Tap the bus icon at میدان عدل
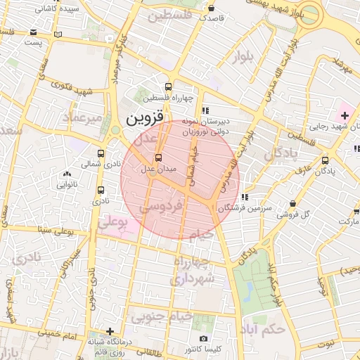(x=157, y=157)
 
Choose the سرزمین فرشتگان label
(x=244, y=209)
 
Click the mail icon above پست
(x=34, y=32)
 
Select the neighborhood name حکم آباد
(x=260, y=329)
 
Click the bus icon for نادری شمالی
(x=101, y=153)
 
